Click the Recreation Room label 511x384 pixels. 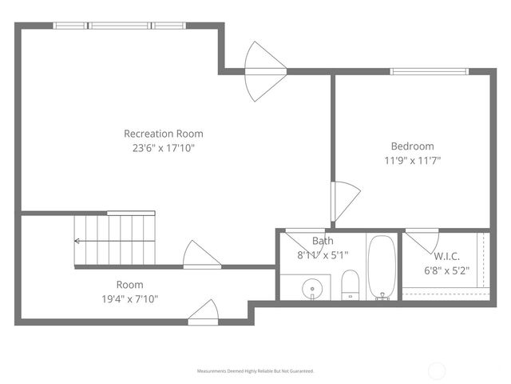click(x=163, y=134)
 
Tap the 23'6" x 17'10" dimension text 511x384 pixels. click(x=163, y=148)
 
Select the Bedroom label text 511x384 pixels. click(x=412, y=146)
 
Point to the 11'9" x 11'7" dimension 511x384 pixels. click(x=412, y=160)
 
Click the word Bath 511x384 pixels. click(x=323, y=241)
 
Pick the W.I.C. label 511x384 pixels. click(x=446, y=256)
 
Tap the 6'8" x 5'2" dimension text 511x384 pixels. click(x=446, y=270)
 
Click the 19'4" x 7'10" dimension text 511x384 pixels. click(x=129, y=299)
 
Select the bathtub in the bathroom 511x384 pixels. click(x=382, y=266)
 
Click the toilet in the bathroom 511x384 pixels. click(x=350, y=284)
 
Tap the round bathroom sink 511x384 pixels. click(x=312, y=286)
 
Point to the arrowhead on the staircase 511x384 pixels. click(x=77, y=240)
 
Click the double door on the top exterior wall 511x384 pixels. click(x=264, y=71)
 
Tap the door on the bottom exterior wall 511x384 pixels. click(x=204, y=312)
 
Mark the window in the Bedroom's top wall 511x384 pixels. click(x=428, y=72)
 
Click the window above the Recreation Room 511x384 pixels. click(x=120, y=26)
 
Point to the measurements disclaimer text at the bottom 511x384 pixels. click(x=255, y=371)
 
